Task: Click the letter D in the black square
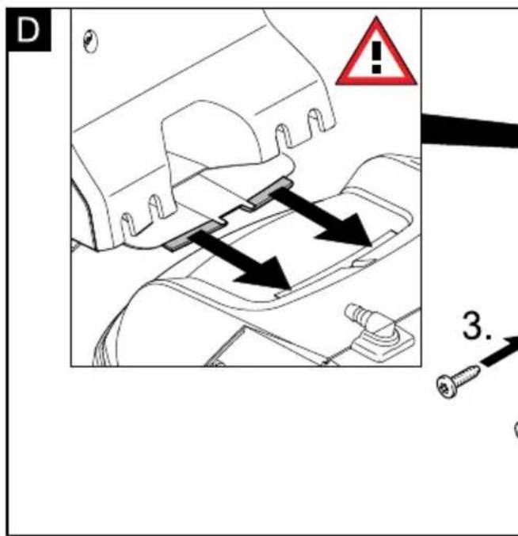pos(28,30)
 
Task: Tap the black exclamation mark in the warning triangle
pos(376,57)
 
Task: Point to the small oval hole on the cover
pos(90,41)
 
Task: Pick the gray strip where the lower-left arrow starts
pos(193,235)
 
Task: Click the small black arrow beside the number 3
pos(498,351)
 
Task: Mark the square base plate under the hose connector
pos(383,342)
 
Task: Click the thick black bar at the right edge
pos(470,130)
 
